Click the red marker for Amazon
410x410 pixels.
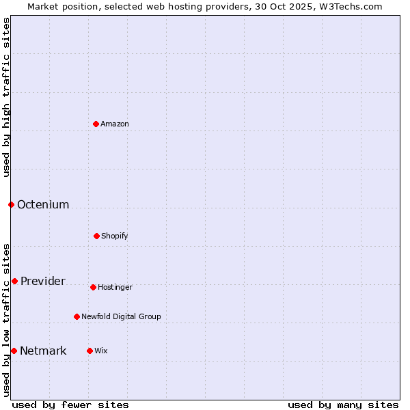[x=96, y=124]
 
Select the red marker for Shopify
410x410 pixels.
[x=96, y=236]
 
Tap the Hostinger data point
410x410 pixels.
[x=93, y=287]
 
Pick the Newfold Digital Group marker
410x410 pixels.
[x=77, y=316]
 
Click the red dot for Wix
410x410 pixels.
[x=90, y=351]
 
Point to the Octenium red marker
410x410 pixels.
[x=11, y=204]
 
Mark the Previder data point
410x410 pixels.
[x=14, y=281]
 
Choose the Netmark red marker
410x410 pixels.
[x=14, y=351]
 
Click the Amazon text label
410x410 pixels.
[x=115, y=124]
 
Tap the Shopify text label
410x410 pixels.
[x=115, y=236]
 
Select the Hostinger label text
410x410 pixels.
[x=115, y=287]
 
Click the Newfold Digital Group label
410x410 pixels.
[x=121, y=316]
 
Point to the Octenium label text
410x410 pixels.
[x=43, y=204]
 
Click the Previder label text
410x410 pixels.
[x=43, y=281]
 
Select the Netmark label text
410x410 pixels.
[x=43, y=351]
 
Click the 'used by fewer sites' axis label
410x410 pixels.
[x=70, y=405]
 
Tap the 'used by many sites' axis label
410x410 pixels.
[x=343, y=405]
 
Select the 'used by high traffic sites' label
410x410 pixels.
[x=6, y=96]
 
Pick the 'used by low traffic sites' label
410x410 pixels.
[x=6, y=320]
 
